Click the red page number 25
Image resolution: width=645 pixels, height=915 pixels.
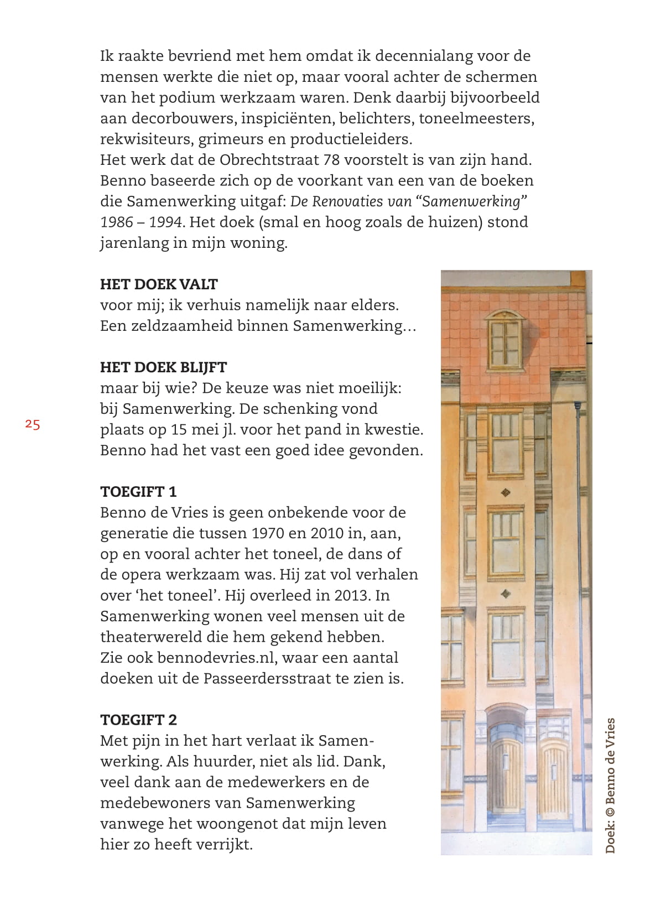click(32, 424)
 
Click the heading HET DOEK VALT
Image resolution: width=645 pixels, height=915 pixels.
click(159, 284)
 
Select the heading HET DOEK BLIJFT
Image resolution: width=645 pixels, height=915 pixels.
click(163, 367)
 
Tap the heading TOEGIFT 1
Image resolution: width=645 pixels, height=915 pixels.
click(138, 492)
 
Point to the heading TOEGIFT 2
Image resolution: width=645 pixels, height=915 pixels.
click(138, 720)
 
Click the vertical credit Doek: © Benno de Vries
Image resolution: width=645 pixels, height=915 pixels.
click(610, 786)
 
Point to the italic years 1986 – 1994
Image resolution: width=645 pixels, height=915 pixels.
click(141, 222)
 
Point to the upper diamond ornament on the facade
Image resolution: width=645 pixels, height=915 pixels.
click(505, 492)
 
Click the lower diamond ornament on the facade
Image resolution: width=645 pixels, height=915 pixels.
click(505, 594)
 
